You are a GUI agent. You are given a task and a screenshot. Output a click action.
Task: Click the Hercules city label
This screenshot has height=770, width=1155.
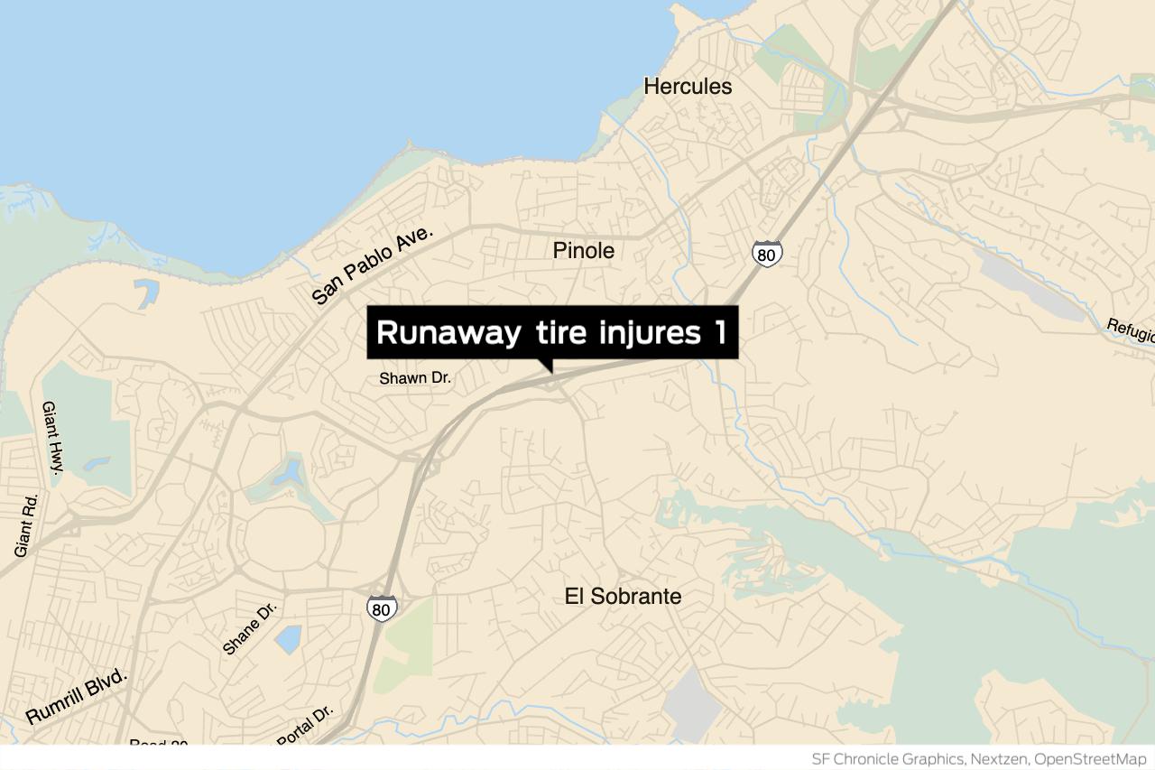click(x=688, y=87)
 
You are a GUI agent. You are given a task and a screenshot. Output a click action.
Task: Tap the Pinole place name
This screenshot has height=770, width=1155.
click(x=584, y=251)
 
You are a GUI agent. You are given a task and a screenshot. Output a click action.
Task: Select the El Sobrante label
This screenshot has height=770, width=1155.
click(x=623, y=597)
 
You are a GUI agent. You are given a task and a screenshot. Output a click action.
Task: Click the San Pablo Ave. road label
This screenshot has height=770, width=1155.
click(x=373, y=265)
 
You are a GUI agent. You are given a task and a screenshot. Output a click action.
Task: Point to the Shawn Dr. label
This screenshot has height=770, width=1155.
click(x=415, y=378)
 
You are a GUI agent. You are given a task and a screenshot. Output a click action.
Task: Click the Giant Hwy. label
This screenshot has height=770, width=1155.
click(x=51, y=438)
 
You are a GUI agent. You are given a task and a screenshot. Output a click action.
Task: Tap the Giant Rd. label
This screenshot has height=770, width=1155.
click(x=28, y=524)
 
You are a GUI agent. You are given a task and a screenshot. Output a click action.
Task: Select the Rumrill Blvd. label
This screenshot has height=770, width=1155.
click(x=78, y=697)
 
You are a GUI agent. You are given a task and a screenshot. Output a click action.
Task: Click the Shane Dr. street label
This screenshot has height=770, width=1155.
click(x=250, y=628)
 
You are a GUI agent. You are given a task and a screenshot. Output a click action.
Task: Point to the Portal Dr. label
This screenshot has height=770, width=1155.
click(x=305, y=726)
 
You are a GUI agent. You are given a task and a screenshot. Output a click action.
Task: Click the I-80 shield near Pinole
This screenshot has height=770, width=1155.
click(x=766, y=255)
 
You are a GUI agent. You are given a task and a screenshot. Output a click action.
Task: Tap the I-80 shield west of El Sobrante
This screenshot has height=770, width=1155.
click(x=382, y=608)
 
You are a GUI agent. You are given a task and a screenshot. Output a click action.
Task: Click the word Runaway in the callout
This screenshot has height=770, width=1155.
click(x=448, y=332)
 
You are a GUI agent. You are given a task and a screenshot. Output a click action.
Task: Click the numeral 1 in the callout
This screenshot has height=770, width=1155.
click(x=719, y=332)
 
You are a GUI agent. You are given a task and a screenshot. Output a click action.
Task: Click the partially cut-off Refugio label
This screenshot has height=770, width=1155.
click(x=1132, y=330)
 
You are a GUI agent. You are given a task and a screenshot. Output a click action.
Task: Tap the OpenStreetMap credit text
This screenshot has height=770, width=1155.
click(x=1092, y=758)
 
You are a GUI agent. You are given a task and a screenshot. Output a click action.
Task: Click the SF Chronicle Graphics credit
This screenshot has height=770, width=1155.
click(x=886, y=758)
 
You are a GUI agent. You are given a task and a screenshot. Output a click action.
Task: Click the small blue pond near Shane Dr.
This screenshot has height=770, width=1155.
click(x=288, y=638)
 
